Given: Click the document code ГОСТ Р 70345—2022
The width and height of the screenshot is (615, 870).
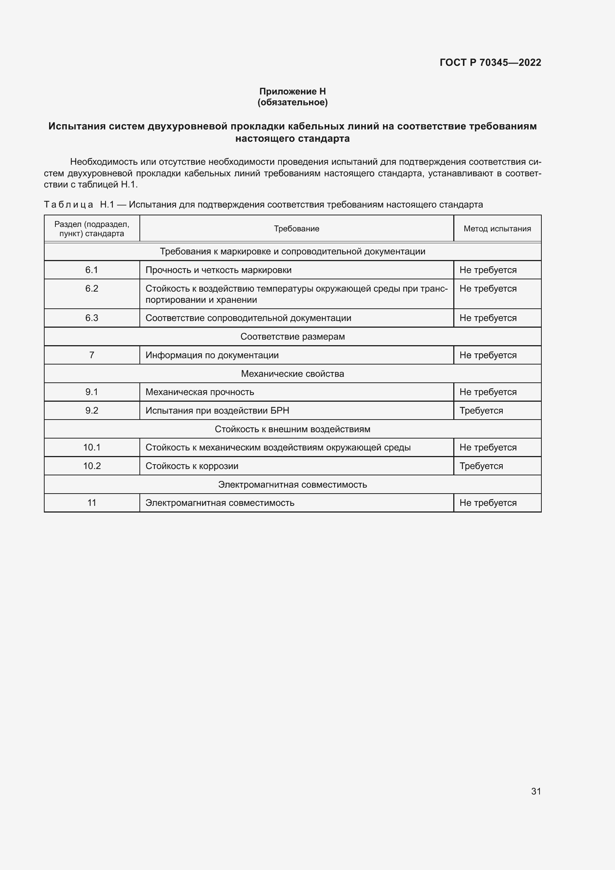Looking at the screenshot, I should pyautogui.click(x=490, y=62).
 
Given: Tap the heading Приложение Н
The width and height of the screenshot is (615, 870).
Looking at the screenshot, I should pyautogui.click(x=292, y=92).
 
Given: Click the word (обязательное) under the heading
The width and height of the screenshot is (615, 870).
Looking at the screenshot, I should pyautogui.click(x=292, y=102).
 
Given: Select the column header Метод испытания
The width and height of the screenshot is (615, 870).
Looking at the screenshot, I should pyautogui.click(x=497, y=228).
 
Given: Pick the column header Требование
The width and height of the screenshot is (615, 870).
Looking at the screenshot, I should pyautogui.click(x=296, y=228).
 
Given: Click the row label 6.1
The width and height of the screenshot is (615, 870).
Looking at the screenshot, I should pyautogui.click(x=91, y=270).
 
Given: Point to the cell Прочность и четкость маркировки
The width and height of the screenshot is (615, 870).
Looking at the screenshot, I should pyautogui.click(x=219, y=270).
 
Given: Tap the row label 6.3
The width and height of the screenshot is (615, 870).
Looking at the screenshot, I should pyautogui.click(x=91, y=318).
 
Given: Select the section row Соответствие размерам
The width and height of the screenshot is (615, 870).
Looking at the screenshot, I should pyautogui.click(x=292, y=337).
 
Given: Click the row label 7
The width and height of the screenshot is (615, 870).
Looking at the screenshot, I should pyautogui.click(x=91, y=355).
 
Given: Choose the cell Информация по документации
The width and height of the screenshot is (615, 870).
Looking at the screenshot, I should pyautogui.click(x=212, y=355).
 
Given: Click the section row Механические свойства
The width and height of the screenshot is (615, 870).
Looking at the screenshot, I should pyautogui.click(x=292, y=373).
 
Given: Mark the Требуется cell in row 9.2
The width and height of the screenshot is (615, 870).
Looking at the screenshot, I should pyautogui.click(x=481, y=410).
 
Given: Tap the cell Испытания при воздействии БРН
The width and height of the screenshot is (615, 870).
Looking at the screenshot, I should pyautogui.click(x=218, y=410).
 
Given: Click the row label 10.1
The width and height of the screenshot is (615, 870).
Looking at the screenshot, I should pyautogui.click(x=91, y=447).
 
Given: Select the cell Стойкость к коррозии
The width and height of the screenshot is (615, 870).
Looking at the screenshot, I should pyautogui.click(x=192, y=466).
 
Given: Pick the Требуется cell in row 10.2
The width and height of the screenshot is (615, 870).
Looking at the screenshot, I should pyautogui.click(x=481, y=466).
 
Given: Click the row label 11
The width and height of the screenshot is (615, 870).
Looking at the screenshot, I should pyautogui.click(x=91, y=503).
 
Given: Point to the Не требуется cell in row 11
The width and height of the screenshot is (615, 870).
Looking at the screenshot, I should pyautogui.click(x=488, y=503).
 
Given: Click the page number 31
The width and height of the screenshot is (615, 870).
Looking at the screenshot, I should pyautogui.click(x=536, y=791).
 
